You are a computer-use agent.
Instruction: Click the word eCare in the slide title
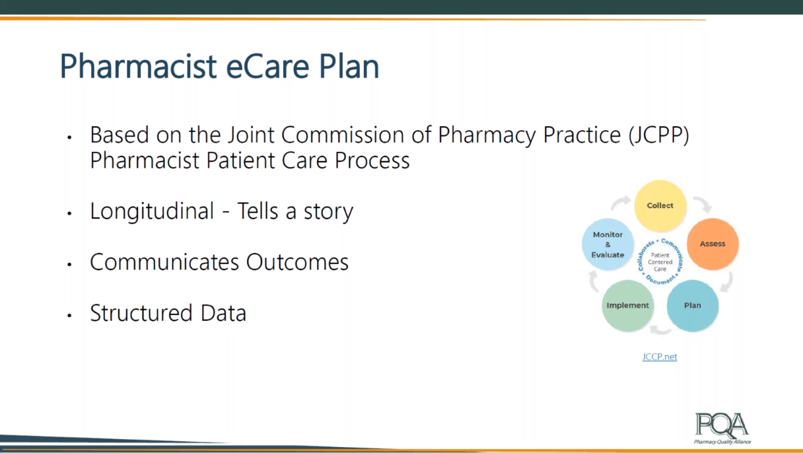pyautogui.click(x=267, y=66)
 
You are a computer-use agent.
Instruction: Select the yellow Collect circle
pyautogui.click(x=660, y=206)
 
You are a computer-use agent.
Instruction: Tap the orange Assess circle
pyautogui.click(x=713, y=244)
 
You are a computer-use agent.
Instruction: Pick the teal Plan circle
pyautogui.click(x=693, y=305)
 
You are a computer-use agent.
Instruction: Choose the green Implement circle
pyautogui.click(x=628, y=305)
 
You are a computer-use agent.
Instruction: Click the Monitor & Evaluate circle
pyautogui.click(x=608, y=244)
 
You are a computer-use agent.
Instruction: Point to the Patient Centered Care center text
pyautogui.click(x=660, y=262)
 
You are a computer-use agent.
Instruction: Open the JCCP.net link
pyautogui.click(x=660, y=357)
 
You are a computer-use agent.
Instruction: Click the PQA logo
pyautogui.click(x=722, y=429)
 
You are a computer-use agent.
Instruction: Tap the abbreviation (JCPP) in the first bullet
pyautogui.click(x=659, y=135)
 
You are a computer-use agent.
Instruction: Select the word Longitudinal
pyautogui.click(x=152, y=211)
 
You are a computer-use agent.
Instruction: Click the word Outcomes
pyautogui.click(x=297, y=262)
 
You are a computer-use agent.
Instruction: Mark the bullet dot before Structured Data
pyautogui.click(x=69, y=316)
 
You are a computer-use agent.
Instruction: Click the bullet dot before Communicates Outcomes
pyautogui.click(x=69, y=265)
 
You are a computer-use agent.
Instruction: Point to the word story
pyautogui.click(x=328, y=212)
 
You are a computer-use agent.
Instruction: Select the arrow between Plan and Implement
pyautogui.click(x=660, y=330)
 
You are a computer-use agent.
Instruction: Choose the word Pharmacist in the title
pyautogui.click(x=139, y=66)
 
